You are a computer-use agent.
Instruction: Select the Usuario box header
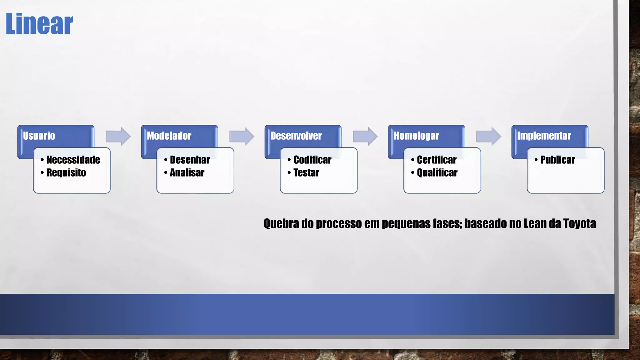point(39,136)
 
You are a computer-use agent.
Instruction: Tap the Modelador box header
point(169,136)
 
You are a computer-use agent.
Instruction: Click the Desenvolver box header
point(296,136)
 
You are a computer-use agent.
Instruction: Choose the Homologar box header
point(416,136)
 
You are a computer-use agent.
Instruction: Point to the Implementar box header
point(544,136)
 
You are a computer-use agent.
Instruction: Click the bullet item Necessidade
point(73,160)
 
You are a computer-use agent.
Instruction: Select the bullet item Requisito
point(66,173)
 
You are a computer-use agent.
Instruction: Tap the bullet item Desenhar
point(190,160)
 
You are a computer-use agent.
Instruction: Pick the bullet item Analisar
point(187,173)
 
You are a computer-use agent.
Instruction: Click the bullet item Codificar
point(312,160)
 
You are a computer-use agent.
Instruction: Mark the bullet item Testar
point(306,173)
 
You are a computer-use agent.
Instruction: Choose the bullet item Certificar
point(437,160)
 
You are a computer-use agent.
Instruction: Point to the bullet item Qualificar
point(437,173)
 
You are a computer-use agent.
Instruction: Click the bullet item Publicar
point(557,160)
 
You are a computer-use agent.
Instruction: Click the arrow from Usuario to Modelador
point(118,136)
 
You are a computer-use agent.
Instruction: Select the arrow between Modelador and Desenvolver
point(242,136)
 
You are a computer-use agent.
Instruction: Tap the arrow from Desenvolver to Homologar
point(365,136)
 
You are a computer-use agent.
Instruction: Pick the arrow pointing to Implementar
point(488,136)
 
